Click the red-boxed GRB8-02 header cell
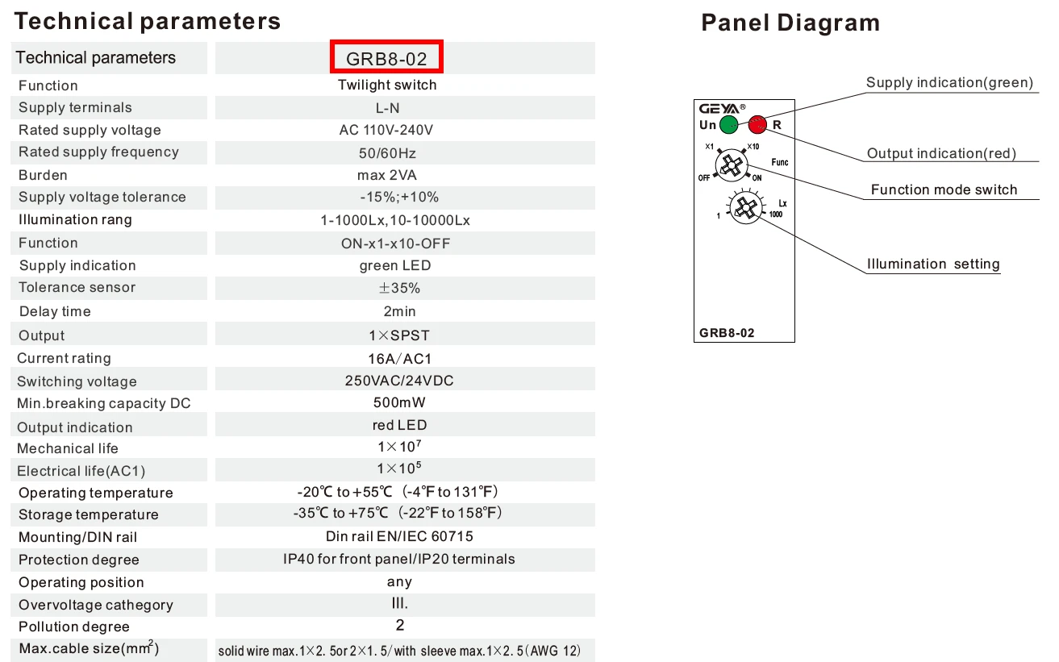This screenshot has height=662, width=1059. pyautogui.click(x=386, y=56)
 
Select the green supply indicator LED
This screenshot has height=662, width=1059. pyautogui.click(x=728, y=125)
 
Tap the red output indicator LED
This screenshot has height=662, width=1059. pyautogui.click(x=757, y=125)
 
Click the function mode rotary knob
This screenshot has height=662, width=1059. pyautogui.click(x=732, y=165)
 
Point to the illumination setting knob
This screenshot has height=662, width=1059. pyautogui.click(x=745, y=207)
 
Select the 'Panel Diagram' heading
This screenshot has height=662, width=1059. pyautogui.click(x=790, y=23)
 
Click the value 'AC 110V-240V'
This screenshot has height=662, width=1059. pyautogui.click(x=386, y=130)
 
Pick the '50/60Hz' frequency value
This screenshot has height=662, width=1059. pyautogui.click(x=387, y=153)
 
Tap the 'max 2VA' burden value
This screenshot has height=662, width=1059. pyautogui.click(x=386, y=175)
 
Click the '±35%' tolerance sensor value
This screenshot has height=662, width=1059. pyautogui.click(x=399, y=288)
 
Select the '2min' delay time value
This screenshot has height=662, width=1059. pyautogui.click(x=399, y=311)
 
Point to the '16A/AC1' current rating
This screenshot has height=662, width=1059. pyautogui.click(x=400, y=359)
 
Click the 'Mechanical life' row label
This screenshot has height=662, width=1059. pyautogui.click(x=68, y=448)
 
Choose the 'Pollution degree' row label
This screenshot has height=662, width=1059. pyautogui.click(x=73, y=627)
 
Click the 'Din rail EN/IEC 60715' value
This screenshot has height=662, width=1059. pyautogui.click(x=399, y=536)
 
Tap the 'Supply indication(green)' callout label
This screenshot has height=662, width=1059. pyautogui.click(x=950, y=83)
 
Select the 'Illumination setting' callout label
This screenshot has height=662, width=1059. pyautogui.click(x=933, y=264)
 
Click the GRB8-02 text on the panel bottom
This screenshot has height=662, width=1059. pyautogui.click(x=727, y=333)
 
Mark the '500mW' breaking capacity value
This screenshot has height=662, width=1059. pyautogui.click(x=399, y=402)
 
